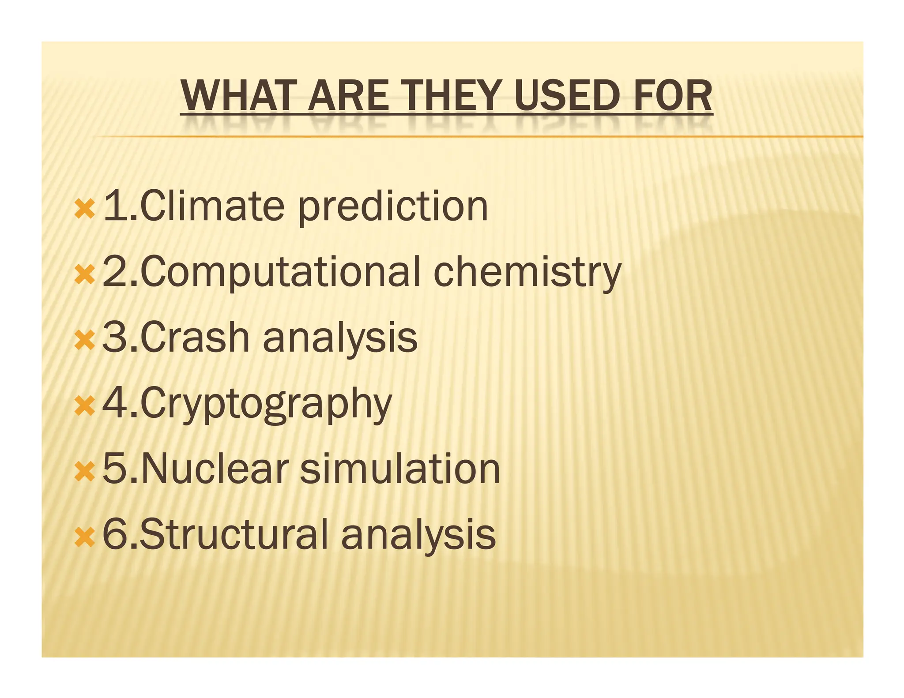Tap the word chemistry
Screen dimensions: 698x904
click(x=527, y=273)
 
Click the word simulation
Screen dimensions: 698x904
click(x=400, y=469)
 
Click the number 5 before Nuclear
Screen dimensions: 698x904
click(x=115, y=469)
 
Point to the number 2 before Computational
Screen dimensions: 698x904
click(x=115, y=272)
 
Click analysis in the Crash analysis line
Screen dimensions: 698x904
click(x=340, y=339)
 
